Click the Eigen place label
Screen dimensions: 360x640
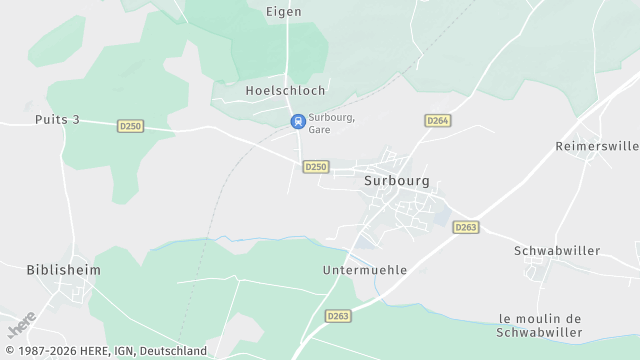coord(284,12)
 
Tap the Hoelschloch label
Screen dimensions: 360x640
coord(285,90)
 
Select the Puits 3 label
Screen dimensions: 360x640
coord(56,120)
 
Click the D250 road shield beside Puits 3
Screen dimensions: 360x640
coord(130,126)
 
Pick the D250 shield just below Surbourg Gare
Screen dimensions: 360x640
coord(316,167)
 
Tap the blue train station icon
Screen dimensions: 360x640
coord(297,121)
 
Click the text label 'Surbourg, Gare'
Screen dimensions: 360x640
coord(332,123)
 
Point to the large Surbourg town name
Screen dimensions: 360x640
coord(397,182)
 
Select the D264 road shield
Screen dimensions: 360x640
coord(437,120)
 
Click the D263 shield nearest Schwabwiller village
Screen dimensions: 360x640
coord(465,227)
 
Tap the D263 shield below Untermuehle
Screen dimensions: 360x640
coord(339,316)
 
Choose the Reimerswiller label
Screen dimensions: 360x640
coord(597,146)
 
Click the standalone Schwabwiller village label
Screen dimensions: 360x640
coord(557,250)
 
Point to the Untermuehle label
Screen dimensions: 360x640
coord(365,270)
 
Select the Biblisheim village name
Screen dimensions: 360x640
coord(64,270)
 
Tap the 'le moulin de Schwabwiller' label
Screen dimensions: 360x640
coord(540,325)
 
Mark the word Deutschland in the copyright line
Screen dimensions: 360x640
coord(176,351)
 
